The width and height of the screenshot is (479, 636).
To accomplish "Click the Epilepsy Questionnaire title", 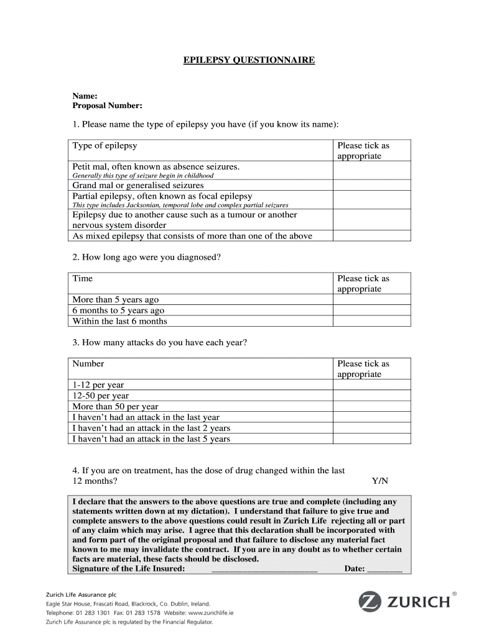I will tap(249, 60).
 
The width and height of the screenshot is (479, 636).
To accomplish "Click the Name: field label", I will tap(85, 96).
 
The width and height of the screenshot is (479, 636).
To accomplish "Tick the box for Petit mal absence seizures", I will tap(371, 170).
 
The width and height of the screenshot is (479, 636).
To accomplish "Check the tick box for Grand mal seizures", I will tap(371, 185).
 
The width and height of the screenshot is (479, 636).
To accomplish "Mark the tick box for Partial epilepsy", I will tap(371, 199).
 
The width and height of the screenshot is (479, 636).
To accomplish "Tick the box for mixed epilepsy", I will tap(371, 235).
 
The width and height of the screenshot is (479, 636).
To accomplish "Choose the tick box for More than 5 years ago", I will tap(371, 299).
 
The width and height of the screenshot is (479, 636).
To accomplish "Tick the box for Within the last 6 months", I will tap(371, 321).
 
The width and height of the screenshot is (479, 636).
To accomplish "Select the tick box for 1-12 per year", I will tap(371, 384).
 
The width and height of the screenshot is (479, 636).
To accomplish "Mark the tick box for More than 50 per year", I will tap(371, 406).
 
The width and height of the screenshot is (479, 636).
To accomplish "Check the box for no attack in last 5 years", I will tap(371, 438).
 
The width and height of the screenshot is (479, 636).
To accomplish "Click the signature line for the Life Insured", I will tap(264, 568).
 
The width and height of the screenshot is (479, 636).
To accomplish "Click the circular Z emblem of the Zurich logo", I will tap(370, 602).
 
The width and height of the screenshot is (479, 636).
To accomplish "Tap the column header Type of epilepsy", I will tap(105, 146).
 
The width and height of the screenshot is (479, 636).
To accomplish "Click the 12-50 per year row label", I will tap(101, 396).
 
